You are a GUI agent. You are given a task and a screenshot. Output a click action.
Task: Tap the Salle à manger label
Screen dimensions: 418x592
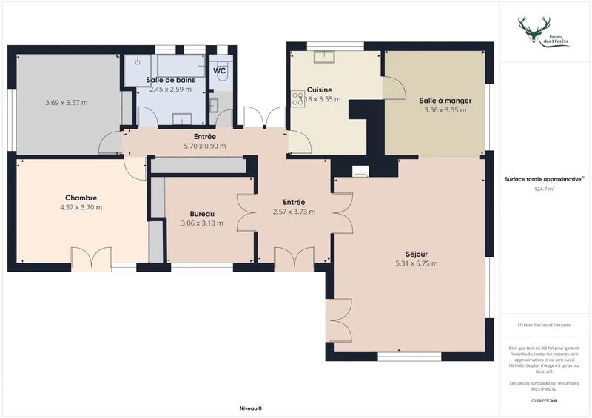[x=445, y=101]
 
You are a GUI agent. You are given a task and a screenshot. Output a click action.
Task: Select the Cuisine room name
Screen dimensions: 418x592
[x=320, y=90]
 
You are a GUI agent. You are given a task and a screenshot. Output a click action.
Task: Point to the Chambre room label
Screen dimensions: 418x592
[x=81, y=198]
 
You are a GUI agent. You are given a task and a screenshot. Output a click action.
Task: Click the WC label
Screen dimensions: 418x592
[x=220, y=71]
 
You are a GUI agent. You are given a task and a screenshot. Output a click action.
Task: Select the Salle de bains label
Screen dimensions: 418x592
[x=169, y=80]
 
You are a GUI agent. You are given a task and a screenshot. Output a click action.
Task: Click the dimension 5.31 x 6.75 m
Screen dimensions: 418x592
[x=415, y=263]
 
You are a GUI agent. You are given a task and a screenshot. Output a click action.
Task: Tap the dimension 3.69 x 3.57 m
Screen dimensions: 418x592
[x=67, y=102]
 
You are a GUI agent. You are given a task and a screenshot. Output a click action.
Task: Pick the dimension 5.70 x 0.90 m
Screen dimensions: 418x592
[x=205, y=146]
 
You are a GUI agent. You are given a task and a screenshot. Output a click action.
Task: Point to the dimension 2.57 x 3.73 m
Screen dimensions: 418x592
[x=294, y=212]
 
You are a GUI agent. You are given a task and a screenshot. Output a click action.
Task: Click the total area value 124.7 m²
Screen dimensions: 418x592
[x=544, y=189]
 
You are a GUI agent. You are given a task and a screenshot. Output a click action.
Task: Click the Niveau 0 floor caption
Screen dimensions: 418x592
[x=250, y=408]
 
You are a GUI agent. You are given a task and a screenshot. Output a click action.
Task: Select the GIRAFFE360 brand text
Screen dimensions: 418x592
[x=544, y=400]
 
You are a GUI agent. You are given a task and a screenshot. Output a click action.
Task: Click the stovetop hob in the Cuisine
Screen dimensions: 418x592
[x=298, y=97]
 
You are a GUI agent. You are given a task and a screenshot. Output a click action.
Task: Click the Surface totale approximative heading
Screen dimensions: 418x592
[x=544, y=179]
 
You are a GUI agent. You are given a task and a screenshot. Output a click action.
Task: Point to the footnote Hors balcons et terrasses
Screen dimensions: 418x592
[x=544, y=325]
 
